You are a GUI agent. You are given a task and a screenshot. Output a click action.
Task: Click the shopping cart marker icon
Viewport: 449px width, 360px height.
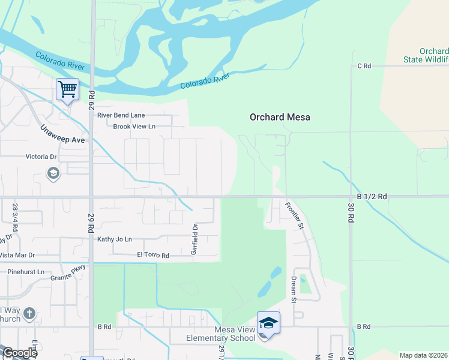point(68,90)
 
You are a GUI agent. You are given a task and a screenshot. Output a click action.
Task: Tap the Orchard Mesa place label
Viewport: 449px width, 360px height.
point(280,118)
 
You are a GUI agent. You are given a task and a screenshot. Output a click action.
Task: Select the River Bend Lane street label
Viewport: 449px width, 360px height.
point(121,115)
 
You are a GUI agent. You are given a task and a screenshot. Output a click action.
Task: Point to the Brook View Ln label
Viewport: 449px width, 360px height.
point(134,127)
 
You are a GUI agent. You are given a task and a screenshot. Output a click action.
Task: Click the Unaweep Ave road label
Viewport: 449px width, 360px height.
point(63,135)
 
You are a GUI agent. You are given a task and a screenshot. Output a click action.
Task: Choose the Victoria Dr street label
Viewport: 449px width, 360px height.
point(41,157)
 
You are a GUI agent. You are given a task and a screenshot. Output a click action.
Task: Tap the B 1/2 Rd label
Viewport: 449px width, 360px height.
point(372,196)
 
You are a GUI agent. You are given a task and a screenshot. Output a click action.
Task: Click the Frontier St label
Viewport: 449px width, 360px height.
point(295,216)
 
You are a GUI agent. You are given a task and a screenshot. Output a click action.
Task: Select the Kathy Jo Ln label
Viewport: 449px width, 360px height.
point(114,239)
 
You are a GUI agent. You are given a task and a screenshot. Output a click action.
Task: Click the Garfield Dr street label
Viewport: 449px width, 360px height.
point(194,239)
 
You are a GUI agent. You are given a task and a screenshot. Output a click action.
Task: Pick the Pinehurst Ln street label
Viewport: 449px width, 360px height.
point(26,272)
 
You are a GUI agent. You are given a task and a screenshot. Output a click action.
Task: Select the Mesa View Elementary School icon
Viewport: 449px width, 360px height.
point(268,324)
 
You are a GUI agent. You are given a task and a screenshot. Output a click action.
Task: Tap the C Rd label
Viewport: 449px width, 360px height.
point(364,66)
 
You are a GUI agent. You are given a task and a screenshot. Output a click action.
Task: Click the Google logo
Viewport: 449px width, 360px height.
point(20,353)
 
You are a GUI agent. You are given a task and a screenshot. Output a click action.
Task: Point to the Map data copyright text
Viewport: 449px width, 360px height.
point(424,355)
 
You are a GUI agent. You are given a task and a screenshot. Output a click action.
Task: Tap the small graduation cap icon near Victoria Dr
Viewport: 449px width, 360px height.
point(53,174)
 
